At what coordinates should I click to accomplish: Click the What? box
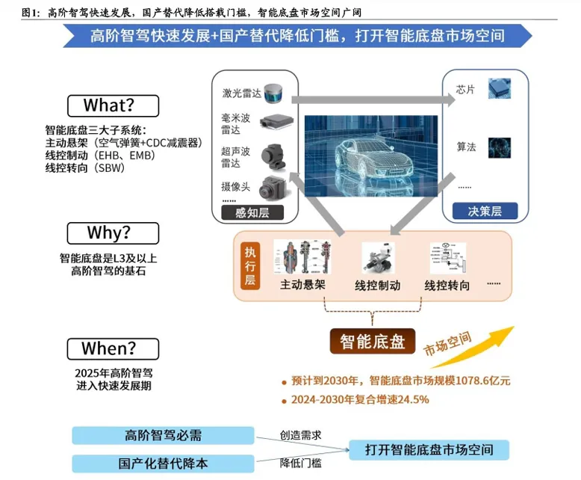click(x=113, y=105)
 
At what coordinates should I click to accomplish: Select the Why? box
click(x=113, y=233)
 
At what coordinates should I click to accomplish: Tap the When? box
click(x=113, y=348)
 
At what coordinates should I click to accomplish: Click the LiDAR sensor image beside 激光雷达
click(x=273, y=93)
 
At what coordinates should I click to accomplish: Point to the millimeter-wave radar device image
click(x=276, y=121)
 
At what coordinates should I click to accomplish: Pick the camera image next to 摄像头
click(x=273, y=188)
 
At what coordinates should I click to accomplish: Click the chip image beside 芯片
click(x=500, y=88)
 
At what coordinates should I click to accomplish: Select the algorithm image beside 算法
click(x=500, y=147)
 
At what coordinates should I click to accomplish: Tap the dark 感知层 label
click(x=252, y=212)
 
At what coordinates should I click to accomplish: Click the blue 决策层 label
click(x=485, y=211)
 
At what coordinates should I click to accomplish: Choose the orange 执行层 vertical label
click(x=250, y=266)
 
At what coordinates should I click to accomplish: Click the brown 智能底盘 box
click(x=373, y=341)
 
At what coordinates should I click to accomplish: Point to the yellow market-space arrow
click(x=473, y=348)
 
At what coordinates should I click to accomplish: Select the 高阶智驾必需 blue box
click(x=163, y=435)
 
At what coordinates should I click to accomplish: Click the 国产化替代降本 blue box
click(x=163, y=464)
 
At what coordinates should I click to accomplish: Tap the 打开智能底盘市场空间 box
click(x=429, y=450)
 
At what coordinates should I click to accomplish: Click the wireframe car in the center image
click(x=373, y=159)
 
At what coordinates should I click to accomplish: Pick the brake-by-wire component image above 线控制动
click(x=378, y=258)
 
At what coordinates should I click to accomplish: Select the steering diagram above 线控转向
click(x=448, y=258)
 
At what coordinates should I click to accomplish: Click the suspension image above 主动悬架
click(x=302, y=256)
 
